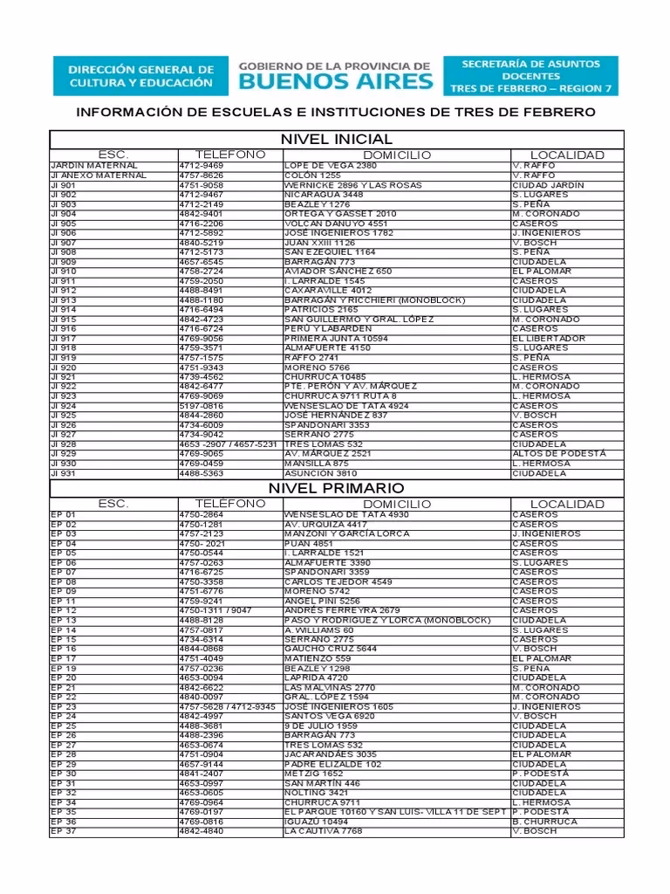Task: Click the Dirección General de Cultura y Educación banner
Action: coord(140,76)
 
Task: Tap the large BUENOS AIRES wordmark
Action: coord(335,82)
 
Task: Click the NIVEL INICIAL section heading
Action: coord(336,140)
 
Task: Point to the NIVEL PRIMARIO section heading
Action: coord(336,488)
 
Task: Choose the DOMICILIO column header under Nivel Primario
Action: coord(397,504)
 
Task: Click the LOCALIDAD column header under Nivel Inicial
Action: coord(567,155)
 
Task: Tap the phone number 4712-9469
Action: coord(202,166)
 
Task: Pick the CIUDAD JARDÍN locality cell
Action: coord(549,185)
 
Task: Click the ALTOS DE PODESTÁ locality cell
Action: coord(558,454)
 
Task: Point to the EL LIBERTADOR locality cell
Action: coord(549,339)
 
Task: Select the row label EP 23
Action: coord(64,707)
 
